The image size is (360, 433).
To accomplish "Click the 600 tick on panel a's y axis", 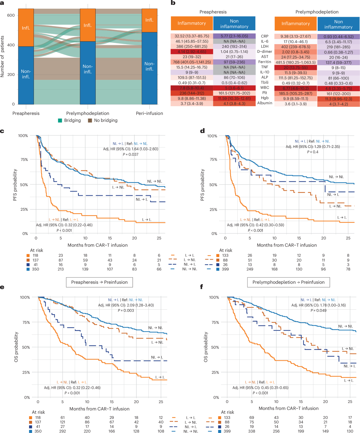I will click(x=11, y=15).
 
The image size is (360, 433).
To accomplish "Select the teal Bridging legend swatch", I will click(x=60, y=120).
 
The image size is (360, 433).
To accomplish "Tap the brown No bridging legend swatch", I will click(x=90, y=120).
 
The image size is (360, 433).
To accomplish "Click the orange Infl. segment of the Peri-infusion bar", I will click(x=149, y=20).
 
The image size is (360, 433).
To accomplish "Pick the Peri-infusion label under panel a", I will click(x=149, y=113).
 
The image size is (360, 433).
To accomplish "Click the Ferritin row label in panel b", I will click(x=265, y=62).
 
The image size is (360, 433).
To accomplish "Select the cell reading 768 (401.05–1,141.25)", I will click(x=192, y=62).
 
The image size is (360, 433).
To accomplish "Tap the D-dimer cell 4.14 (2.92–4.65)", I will click(x=192, y=52).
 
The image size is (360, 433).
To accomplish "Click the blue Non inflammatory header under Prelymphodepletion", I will click(x=338, y=24).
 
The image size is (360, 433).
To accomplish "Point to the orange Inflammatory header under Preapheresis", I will click(x=192, y=23).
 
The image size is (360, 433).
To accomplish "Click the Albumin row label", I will click(x=265, y=103).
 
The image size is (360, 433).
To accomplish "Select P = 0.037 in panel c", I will click(x=130, y=154).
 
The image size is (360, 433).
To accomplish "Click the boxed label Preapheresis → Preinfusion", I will click(x=99, y=282).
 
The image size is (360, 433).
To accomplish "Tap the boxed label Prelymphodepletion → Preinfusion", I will click(x=288, y=282).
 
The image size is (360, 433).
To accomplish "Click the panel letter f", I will click(x=202, y=287).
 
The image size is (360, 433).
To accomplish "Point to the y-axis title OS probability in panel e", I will click(x=16, y=347).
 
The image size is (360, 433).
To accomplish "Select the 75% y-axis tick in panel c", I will click(x=24, y=160).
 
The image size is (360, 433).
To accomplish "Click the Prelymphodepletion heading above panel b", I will click(x=317, y=12).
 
